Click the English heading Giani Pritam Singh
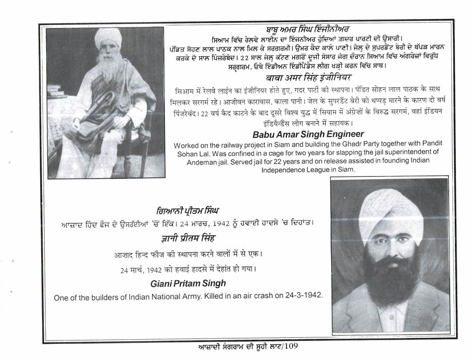pos(188,283)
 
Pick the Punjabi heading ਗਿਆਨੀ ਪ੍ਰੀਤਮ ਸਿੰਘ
pos(188,210)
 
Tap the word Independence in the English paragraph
pos(284,168)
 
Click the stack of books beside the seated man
pos(57,91)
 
